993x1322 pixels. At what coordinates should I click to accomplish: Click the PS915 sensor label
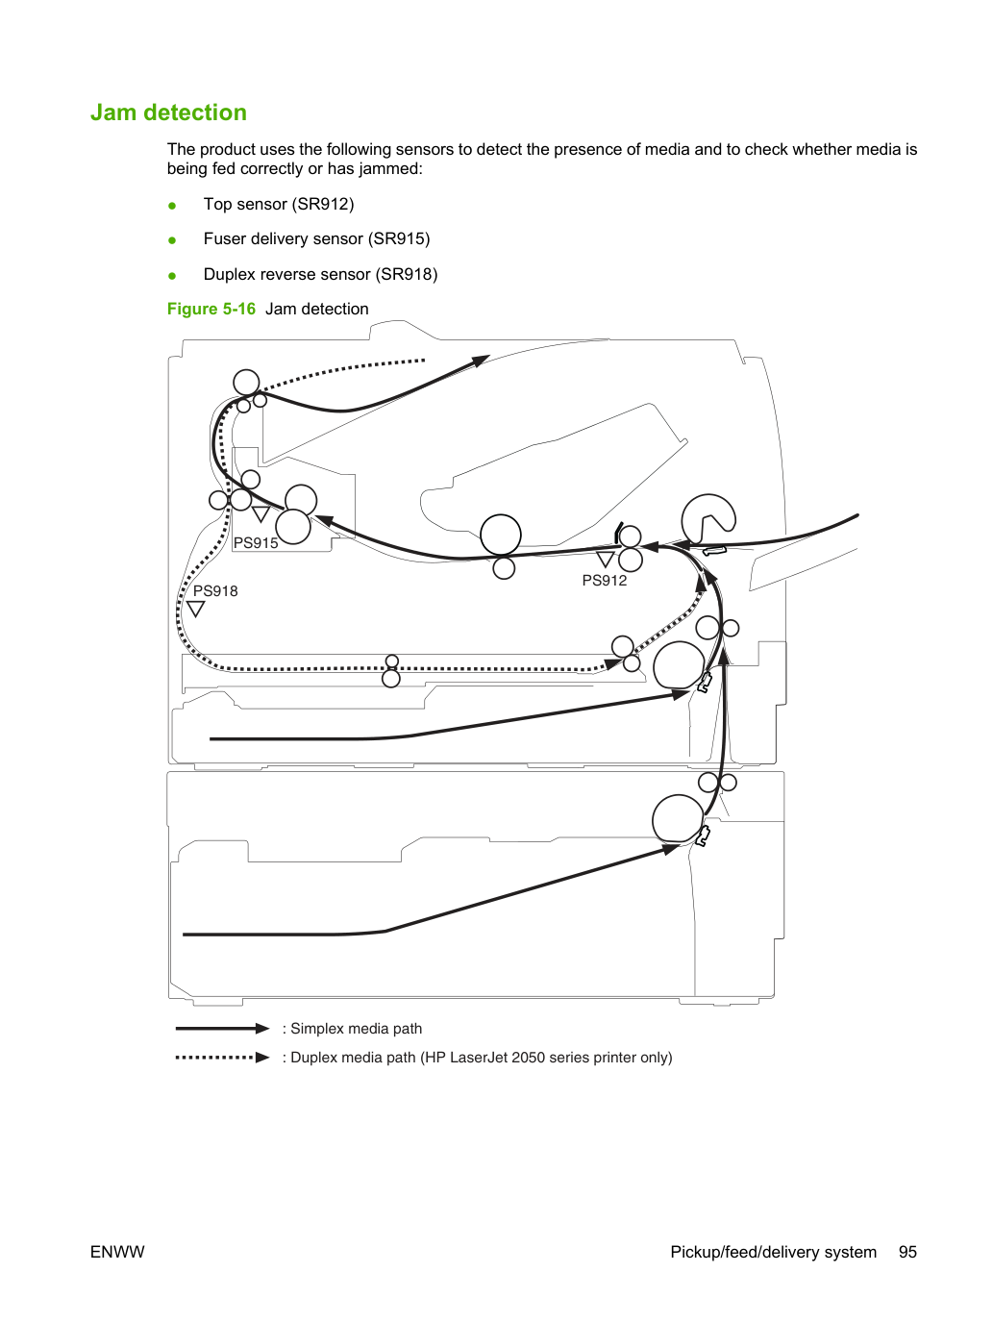[x=256, y=542]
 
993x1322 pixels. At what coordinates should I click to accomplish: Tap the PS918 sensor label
[x=215, y=591]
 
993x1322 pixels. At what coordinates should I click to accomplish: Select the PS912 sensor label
[x=604, y=580]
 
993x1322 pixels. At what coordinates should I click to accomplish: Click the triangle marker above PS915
[x=261, y=514]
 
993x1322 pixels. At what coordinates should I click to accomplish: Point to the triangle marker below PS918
[x=196, y=609]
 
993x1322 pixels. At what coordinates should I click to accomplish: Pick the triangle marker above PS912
[x=606, y=560]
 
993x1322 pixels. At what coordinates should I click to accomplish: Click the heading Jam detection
[x=168, y=112]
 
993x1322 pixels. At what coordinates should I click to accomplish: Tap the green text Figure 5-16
[x=211, y=309]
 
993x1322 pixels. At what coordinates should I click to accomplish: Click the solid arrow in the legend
[x=222, y=1028]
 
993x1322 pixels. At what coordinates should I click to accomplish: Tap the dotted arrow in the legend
[x=222, y=1057]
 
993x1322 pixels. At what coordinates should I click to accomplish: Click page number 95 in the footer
[x=907, y=1252]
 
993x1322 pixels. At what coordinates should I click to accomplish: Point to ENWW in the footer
[x=117, y=1252]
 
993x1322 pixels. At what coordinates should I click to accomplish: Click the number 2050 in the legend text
[x=530, y=1058]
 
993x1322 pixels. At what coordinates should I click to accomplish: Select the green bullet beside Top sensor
[x=172, y=206]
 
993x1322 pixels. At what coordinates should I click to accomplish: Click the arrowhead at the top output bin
[x=480, y=361]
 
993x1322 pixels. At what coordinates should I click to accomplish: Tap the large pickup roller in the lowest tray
[x=678, y=818]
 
